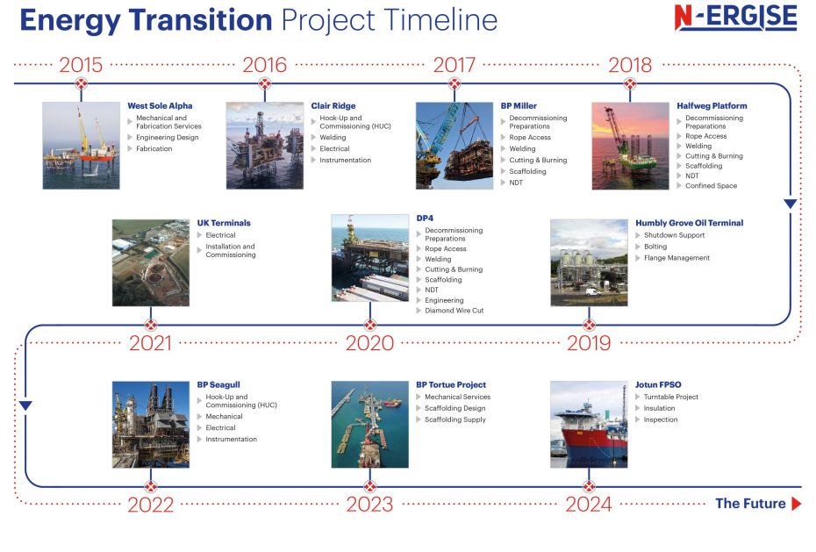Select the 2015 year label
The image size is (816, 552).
tap(81, 64)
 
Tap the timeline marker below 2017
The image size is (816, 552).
tap(454, 84)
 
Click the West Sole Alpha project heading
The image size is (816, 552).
tap(160, 106)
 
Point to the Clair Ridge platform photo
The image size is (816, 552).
tap(264, 145)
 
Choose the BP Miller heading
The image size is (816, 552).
tap(519, 106)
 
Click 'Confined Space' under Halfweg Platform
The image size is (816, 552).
tap(711, 186)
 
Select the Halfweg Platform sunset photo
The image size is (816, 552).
tap(630, 145)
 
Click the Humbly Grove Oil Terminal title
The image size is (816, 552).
tap(689, 223)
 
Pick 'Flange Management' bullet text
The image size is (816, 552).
tap(676, 258)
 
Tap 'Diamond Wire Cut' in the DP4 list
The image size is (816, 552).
tap(454, 311)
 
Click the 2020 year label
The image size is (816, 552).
tap(369, 343)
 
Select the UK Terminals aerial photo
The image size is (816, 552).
tap(150, 262)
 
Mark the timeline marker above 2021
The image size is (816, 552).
tap(150, 325)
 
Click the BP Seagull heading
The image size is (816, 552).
tap(218, 385)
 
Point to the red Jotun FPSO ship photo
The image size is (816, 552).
tap(589, 424)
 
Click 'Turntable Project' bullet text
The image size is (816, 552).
tap(671, 397)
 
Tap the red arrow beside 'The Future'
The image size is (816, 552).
tap(796, 504)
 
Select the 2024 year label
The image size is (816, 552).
tap(589, 505)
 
